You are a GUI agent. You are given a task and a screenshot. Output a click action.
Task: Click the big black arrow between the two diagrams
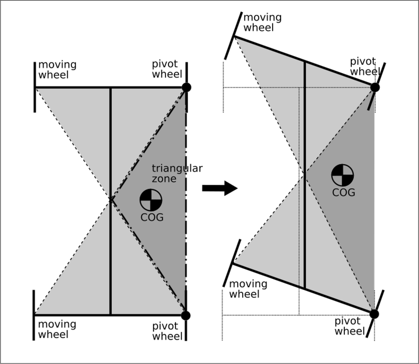pyautogui.click(x=220, y=188)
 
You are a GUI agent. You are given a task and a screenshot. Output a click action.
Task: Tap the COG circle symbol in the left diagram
pyautogui.click(x=151, y=200)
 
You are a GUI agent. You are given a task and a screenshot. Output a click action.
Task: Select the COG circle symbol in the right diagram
pyautogui.click(x=342, y=175)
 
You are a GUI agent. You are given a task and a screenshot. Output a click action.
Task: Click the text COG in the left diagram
pyautogui.click(x=152, y=217)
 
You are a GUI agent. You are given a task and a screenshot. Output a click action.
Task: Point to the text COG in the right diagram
pyautogui.click(x=343, y=192)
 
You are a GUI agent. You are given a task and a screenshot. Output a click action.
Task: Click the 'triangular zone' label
pyautogui.click(x=177, y=173)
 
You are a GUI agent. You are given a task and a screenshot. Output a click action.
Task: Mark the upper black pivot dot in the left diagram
pyautogui.click(x=186, y=87)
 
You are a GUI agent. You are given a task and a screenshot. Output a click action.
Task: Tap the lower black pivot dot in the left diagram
pyautogui.click(x=186, y=316)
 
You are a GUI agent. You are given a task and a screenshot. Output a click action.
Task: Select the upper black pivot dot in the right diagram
pyautogui.click(x=375, y=87)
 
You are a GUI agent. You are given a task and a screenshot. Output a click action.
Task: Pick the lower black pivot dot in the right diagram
pyautogui.click(x=374, y=314)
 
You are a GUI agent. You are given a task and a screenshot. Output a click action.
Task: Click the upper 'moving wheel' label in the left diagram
pyautogui.click(x=57, y=70)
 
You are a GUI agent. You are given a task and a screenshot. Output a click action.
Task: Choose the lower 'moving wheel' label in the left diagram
pyautogui.click(x=57, y=330)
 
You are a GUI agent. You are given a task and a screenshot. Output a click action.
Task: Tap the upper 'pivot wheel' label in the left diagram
pyautogui.click(x=167, y=69)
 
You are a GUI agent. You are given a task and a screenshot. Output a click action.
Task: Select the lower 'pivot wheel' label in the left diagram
pyautogui.click(x=168, y=331)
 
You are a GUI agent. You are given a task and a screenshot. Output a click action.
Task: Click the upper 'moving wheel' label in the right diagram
pyautogui.click(x=262, y=22)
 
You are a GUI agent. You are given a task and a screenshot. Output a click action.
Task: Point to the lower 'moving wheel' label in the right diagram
pyautogui.click(x=248, y=289)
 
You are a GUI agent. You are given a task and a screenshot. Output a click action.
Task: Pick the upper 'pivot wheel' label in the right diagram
pyautogui.click(x=365, y=67)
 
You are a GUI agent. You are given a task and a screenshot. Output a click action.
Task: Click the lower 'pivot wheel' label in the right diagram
pyautogui.click(x=350, y=326)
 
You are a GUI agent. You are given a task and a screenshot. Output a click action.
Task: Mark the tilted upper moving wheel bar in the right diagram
pyautogui.click(x=234, y=36)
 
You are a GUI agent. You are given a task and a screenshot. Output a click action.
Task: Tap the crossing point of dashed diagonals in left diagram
pyautogui.click(x=111, y=200)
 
